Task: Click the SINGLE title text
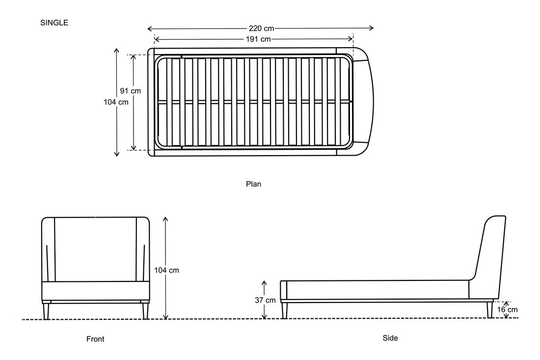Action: click(x=54, y=23)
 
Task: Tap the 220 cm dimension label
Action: click(x=261, y=28)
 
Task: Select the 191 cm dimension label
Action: click(x=258, y=39)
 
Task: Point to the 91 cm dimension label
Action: click(x=130, y=91)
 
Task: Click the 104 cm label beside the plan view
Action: click(x=116, y=102)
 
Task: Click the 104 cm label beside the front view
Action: click(x=166, y=271)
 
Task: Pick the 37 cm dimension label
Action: click(x=265, y=301)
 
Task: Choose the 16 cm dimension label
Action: click(x=507, y=310)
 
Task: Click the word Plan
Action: click(x=253, y=184)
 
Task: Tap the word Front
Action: click(x=95, y=339)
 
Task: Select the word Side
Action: click(x=390, y=338)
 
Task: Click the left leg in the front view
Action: click(x=46, y=311)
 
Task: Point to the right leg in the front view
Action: click(x=145, y=311)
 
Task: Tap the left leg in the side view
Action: click(x=284, y=310)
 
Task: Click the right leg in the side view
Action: click(x=490, y=310)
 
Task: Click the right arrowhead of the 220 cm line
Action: click(x=371, y=28)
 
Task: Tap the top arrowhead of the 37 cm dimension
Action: click(x=264, y=283)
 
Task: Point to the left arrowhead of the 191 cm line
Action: click(x=156, y=39)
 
